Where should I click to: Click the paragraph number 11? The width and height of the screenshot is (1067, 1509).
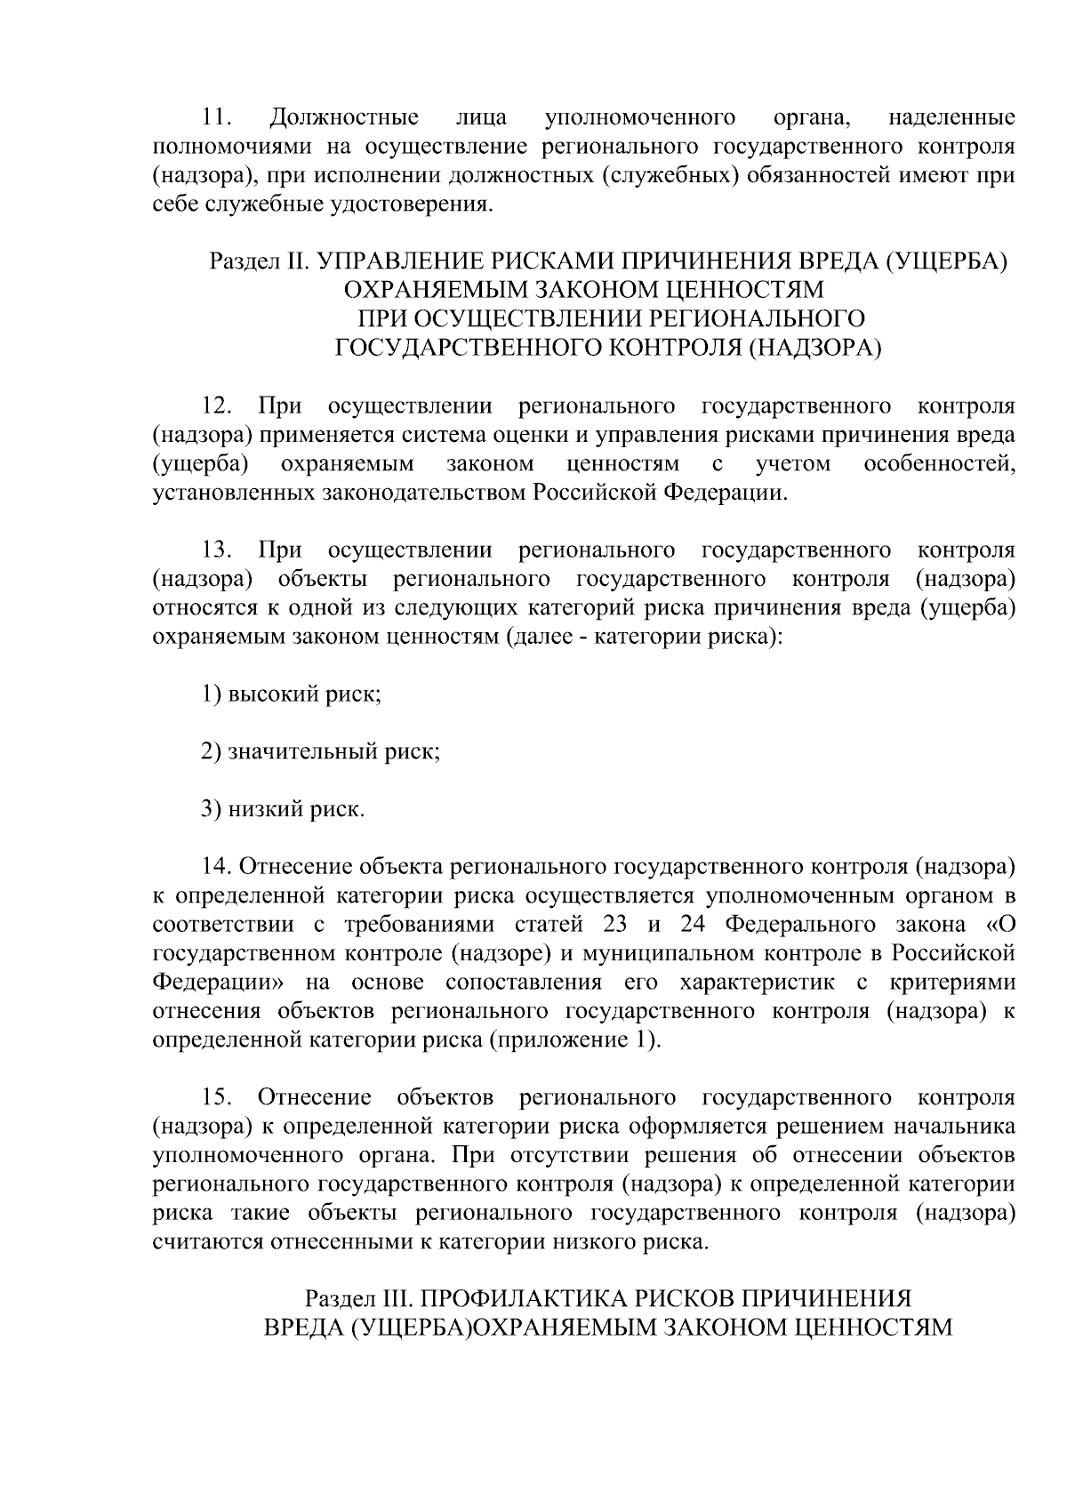pyautogui.click(x=217, y=117)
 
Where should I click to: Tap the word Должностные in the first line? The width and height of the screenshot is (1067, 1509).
pyautogui.click(x=344, y=117)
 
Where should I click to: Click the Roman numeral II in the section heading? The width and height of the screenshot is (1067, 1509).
pyautogui.click(x=296, y=261)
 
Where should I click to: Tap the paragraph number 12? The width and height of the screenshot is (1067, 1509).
pyautogui.click(x=217, y=406)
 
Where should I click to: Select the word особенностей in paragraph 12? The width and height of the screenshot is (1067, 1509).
pyautogui.click(x=940, y=463)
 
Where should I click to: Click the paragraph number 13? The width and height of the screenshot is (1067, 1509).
pyautogui.click(x=217, y=550)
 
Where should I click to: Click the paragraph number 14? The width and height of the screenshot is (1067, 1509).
pyautogui.click(x=217, y=867)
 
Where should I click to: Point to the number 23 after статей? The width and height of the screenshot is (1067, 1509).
pyautogui.click(x=614, y=925)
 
